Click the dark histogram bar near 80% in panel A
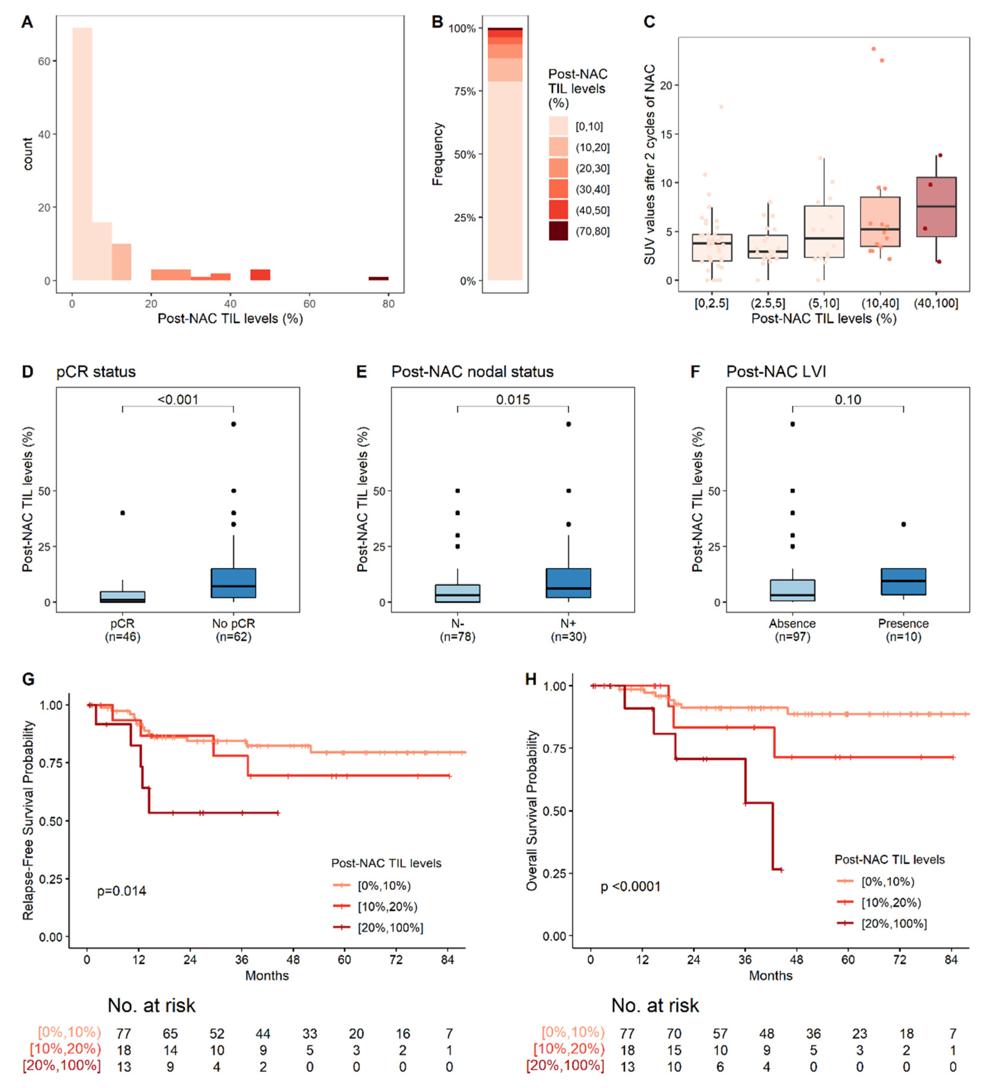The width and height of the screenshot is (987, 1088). (x=378, y=278)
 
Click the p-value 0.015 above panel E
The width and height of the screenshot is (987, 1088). (x=513, y=400)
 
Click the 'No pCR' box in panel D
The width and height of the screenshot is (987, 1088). (x=233, y=583)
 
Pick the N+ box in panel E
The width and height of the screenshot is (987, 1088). (x=568, y=583)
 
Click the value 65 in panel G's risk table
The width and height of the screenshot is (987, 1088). (x=170, y=1033)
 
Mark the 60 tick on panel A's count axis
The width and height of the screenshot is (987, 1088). (x=44, y=61)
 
